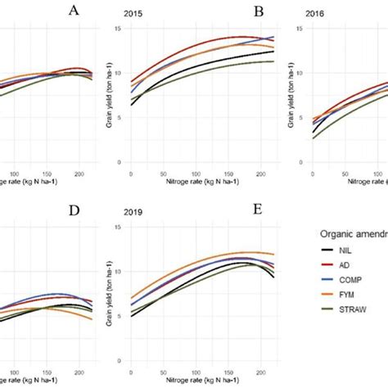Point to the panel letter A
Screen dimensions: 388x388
[x=74, y=11]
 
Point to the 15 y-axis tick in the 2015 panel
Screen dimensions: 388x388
[x=120, y=29]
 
